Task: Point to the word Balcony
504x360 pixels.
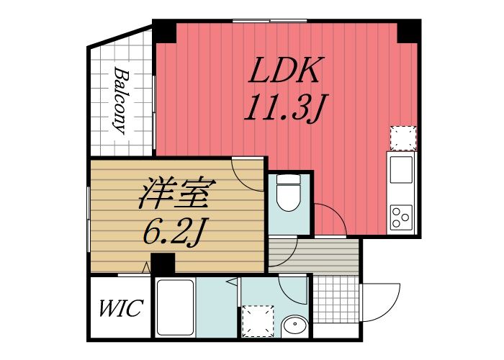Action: (120, 102)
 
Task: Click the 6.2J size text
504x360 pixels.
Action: (174, 231)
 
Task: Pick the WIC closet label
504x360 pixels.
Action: (120, 310)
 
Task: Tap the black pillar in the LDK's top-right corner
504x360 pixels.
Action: (409, 31)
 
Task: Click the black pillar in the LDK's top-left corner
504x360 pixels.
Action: (165, 31)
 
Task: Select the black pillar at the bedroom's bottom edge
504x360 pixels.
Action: (163, 264)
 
